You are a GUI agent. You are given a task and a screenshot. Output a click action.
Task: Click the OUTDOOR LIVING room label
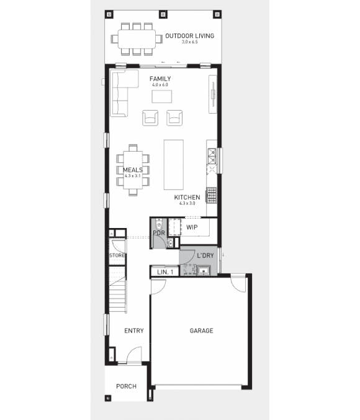coord(189,36)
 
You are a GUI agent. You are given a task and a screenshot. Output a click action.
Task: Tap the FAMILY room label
coord(160,79)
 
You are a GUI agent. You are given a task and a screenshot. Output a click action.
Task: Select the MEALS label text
coord(133,170)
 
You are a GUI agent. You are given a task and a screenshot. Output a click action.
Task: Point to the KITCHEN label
coord(187,198)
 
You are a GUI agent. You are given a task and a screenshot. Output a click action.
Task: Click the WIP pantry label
coord(192,227)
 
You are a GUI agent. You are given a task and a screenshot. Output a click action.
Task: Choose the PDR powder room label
coord(158,233)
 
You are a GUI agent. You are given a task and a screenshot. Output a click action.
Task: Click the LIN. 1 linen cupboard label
coord(164,272)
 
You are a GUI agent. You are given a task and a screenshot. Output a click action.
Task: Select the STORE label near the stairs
coord(117,255)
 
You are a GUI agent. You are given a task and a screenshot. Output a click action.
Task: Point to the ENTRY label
coord(133,331)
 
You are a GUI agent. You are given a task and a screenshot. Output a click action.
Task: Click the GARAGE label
coord(201,331)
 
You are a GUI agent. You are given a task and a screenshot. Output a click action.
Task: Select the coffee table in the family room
coord(163,97)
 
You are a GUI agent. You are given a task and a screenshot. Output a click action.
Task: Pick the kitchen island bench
coord(174,165)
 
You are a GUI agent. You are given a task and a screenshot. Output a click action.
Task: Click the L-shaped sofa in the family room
coord(119,93)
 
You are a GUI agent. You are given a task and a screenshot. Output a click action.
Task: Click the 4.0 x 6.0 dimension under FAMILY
coord(160,84)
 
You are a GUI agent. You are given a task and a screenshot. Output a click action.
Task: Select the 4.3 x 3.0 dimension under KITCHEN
coord(187,203)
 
